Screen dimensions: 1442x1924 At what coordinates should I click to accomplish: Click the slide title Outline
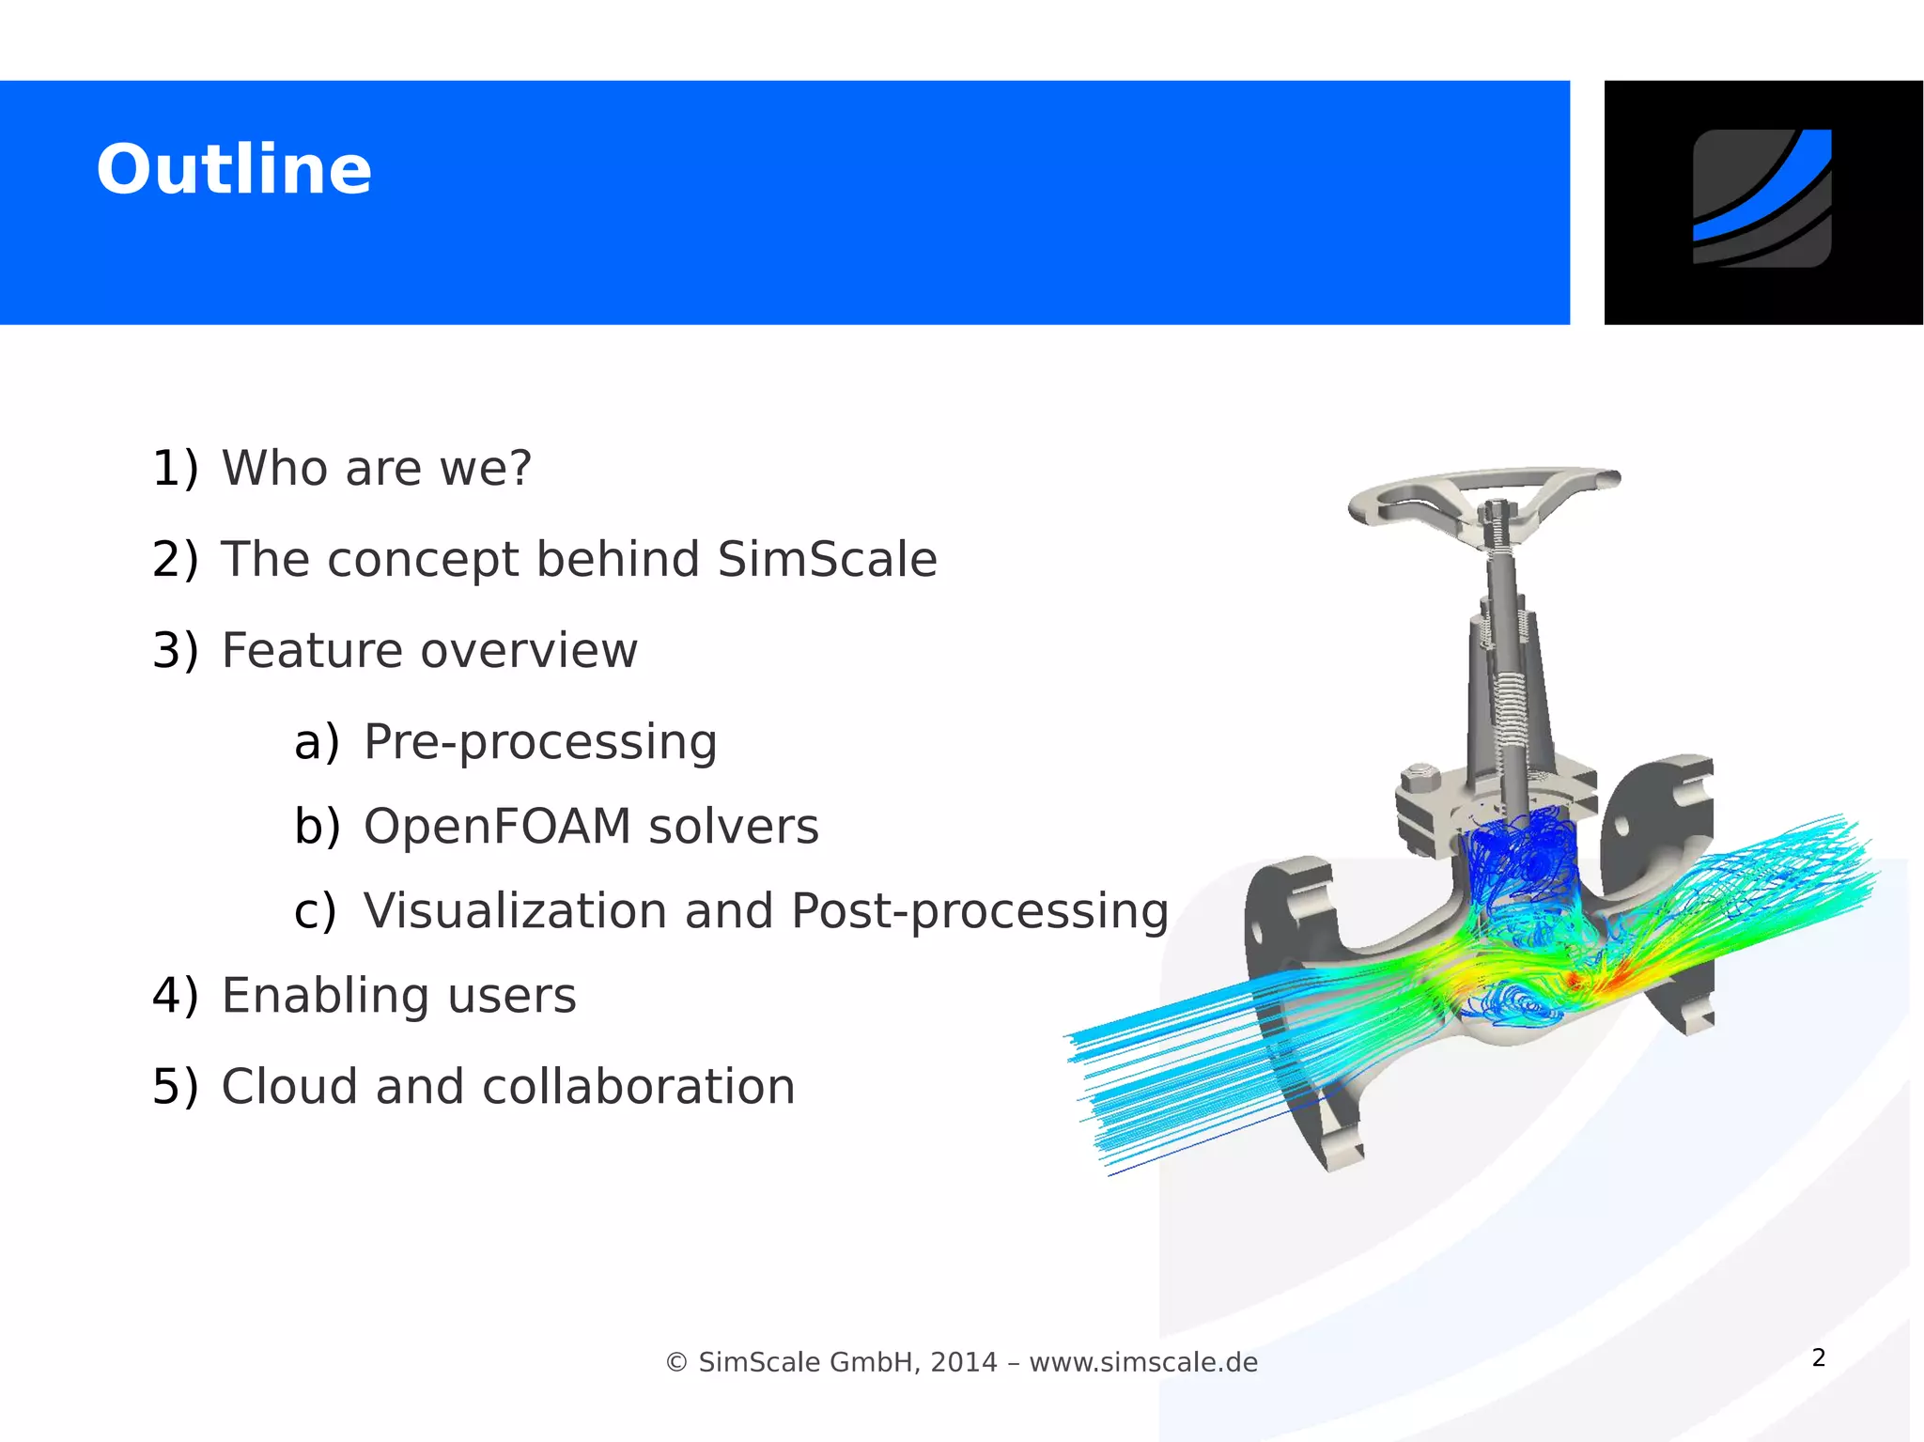(x=234, y=170)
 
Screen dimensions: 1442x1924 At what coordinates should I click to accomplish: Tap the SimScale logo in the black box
(x=1761, y=198)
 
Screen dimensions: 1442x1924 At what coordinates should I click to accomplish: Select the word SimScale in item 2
(x=827, y=560)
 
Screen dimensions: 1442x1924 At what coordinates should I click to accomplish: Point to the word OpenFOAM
(x=497, y=827)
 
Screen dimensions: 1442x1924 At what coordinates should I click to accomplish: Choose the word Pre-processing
(x=540, y=742)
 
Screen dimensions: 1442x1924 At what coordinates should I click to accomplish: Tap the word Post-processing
(x=979, y=911)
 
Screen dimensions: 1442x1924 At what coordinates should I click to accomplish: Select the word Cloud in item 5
(x=288, y=1087)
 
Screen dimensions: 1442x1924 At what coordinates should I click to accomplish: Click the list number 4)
(x=175, y=996)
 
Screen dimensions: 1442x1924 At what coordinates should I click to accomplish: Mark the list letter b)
(x=317, y=827)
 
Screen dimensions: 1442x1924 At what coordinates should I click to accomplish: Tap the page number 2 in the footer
(x=1819, y=1357)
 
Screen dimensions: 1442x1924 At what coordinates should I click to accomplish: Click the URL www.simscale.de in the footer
(x=1143, y=1362)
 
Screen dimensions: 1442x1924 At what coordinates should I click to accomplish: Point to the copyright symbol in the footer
(x=676, y=1362)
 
